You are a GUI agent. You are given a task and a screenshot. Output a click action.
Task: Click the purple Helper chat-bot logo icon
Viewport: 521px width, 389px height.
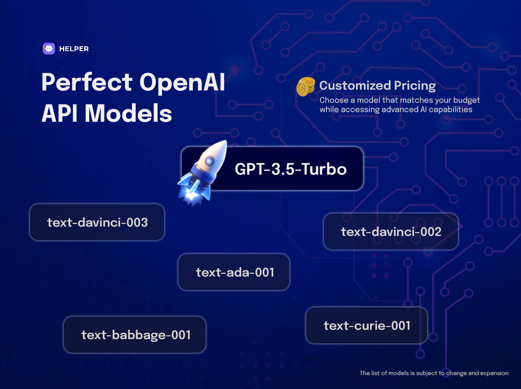[49, 49]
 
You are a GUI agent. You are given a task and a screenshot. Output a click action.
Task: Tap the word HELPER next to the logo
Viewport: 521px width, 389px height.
[74, 49]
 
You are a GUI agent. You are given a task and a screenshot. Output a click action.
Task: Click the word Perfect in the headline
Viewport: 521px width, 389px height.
[87, 82]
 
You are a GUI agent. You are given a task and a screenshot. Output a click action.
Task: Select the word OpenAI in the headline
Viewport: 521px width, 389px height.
[182, 82]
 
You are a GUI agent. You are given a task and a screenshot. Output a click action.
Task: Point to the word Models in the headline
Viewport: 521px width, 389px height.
[128, 113]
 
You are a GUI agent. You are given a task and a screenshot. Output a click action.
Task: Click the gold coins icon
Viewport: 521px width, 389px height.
[306, 87]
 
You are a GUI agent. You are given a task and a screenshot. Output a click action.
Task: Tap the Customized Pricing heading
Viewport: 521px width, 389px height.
[377, 85]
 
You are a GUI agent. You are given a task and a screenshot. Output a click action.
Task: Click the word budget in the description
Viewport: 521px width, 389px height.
[466, 100]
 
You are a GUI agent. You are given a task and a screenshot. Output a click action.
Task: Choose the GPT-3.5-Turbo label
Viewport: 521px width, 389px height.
[291, 169]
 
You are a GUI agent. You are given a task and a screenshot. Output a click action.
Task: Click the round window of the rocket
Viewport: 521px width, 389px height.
[209, 162]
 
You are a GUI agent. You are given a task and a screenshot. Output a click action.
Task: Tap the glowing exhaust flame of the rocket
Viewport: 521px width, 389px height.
[191, 195]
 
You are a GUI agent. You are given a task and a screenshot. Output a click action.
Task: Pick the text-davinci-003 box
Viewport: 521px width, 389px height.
[97, 222]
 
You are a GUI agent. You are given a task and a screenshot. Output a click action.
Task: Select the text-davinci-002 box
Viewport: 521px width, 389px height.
[391, 231]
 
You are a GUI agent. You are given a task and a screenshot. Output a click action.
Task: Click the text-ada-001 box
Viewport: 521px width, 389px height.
[234, 272]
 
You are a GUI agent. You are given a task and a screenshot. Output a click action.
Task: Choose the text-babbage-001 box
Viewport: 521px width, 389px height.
[134, 334]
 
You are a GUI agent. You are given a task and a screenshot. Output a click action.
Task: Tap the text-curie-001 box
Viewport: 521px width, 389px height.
[367, 326]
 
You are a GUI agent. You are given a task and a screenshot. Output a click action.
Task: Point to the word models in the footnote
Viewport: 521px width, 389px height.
[399, 373]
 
